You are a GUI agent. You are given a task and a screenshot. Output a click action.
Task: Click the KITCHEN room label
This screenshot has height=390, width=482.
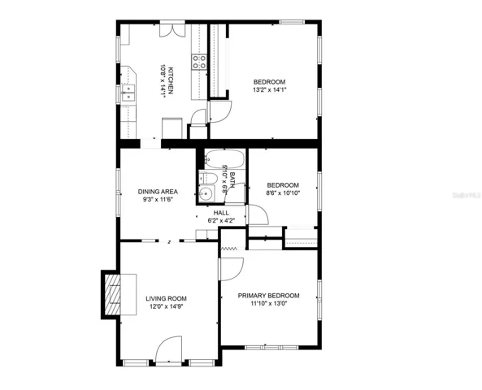(171, 80)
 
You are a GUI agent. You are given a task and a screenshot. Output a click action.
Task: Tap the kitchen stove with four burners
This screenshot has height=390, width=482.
(199, 62)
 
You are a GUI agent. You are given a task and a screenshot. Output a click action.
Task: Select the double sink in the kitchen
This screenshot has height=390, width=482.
(128, 93)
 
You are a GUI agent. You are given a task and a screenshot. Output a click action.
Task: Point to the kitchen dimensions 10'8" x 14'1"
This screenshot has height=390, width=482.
(163, 81)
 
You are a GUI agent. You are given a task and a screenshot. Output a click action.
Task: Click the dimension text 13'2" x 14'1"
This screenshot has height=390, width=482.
(270, 90)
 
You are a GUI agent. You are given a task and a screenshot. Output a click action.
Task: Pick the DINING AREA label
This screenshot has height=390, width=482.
(158, 192)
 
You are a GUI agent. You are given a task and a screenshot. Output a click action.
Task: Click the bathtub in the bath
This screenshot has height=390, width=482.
(224, 159)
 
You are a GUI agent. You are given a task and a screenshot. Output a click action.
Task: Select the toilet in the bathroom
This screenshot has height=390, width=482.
(208, 178)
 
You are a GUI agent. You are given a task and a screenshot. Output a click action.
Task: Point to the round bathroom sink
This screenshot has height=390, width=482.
(206, 193)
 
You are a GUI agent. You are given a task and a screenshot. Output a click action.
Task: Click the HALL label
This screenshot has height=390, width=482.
(221, 213)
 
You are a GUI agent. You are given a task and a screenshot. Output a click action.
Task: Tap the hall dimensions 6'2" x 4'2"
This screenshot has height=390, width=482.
(221, 220)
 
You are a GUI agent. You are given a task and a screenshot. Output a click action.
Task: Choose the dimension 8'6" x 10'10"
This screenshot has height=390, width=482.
(283, 193)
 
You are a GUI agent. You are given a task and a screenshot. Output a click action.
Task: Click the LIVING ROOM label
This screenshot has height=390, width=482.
(166, 298)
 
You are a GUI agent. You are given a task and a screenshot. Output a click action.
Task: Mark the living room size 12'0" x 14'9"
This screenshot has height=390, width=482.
(167, 306)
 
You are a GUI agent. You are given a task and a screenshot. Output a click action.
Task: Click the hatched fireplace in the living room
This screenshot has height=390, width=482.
(112, 294)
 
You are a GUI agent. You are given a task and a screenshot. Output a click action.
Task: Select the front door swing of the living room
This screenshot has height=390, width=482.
(169, 349)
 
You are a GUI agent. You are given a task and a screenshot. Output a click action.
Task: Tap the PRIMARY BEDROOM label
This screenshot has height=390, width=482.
(269, 296)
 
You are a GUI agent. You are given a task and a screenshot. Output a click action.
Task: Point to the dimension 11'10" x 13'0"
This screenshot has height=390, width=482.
(269, 304)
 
